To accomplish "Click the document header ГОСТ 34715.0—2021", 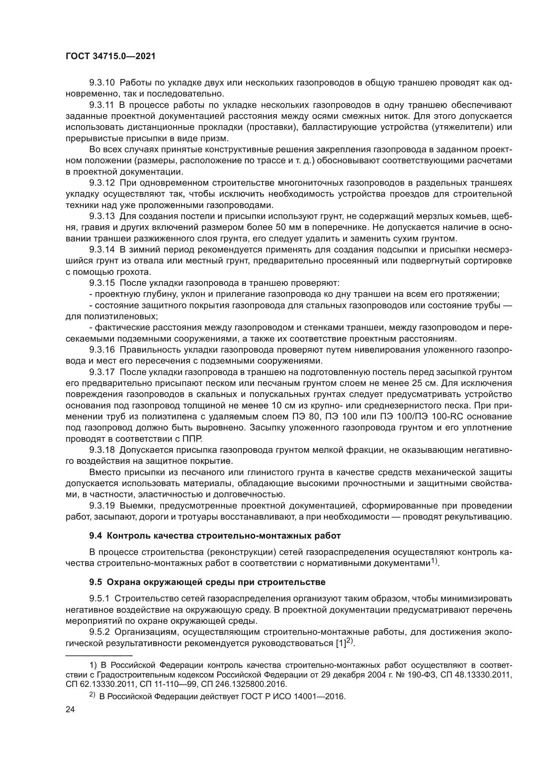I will coord(110,56).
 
